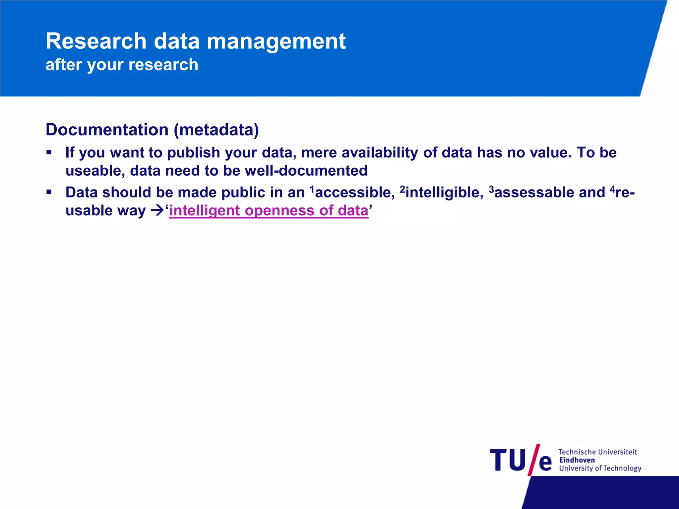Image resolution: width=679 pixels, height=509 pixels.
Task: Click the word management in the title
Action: [x=276, y=41]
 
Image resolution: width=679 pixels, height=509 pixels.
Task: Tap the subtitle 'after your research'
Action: [x=122, y=65]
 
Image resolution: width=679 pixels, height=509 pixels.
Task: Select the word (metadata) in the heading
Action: [x=216, y=130]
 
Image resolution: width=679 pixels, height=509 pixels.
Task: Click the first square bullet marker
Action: [x=49, y=152]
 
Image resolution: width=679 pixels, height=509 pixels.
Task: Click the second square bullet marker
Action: [x=49, y=192]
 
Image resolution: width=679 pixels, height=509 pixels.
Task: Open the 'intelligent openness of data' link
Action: [x=269, y=211]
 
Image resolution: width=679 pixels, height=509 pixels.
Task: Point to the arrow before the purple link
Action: [x=157, y=211]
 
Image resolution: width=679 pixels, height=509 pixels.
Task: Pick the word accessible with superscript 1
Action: [x=354, y=193]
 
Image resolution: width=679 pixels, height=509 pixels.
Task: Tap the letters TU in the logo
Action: [x=508, y=460]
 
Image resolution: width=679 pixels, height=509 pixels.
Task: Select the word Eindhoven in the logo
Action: [x=577, y=460]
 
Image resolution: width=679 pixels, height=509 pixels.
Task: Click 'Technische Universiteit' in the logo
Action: [x=597, y=452]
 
